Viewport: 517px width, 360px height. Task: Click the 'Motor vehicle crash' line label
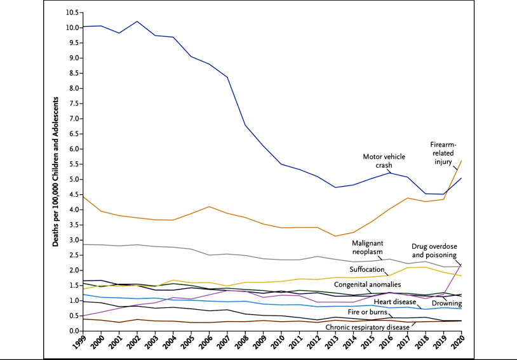pos(384,160)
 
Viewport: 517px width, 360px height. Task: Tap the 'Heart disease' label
pos(394,302)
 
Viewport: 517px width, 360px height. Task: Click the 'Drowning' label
pos(446,304)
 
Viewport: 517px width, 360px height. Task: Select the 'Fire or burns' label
pos(377,312)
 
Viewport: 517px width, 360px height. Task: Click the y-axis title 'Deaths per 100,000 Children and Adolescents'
pos(56,171)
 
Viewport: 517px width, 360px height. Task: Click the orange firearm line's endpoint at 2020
pos(461,160)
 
